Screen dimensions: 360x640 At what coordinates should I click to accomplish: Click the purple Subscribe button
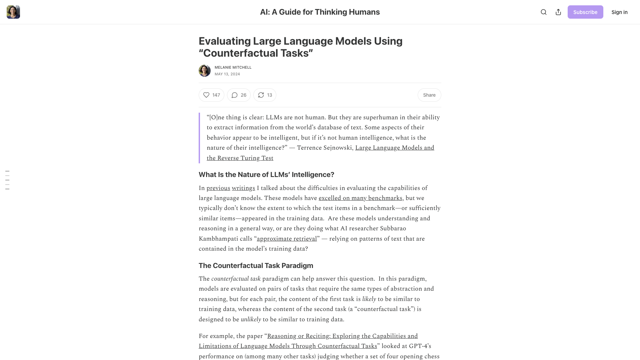[585, 12]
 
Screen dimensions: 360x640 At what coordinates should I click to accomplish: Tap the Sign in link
[619, 12]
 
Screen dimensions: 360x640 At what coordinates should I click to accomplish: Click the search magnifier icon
[544, 12]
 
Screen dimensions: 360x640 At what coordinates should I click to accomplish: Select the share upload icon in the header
[558, 12]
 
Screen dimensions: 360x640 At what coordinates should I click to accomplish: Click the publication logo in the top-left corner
[13, 12]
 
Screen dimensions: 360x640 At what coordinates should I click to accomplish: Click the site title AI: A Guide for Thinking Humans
[320, 12]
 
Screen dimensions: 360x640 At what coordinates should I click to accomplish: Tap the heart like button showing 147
[211, 95]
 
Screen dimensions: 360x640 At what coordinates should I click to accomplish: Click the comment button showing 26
[239, 95]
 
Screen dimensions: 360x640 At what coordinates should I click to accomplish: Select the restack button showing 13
[265, 95]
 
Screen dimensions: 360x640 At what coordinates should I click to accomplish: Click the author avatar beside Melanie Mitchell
[205, 71]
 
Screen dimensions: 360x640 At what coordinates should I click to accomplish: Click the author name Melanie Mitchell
[233, 67]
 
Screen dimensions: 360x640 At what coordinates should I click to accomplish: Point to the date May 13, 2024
[227, 74]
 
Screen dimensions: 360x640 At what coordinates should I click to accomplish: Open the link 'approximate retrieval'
[287, 239]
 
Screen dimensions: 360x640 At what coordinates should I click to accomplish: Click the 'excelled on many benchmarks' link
[360, 198]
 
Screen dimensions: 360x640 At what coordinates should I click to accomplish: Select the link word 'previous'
[218, 188]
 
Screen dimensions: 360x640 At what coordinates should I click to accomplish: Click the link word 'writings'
[243, 188]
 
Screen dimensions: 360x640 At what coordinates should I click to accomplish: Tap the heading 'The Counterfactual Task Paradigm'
[256, 266]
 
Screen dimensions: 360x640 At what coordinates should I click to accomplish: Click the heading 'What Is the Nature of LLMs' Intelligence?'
[266, 175]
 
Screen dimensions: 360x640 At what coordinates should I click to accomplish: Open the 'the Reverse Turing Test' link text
[240, 158]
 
